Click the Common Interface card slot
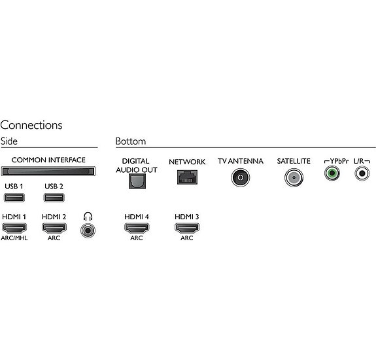click(48, 171)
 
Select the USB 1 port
click(14, 198)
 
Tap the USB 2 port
click(54, 198)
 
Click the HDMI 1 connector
click(14, 228)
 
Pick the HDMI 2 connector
click(54, 228)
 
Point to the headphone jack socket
click(88, 230)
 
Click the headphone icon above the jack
click(88, 216)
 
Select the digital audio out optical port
click(137, 181)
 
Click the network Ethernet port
click(187, 177)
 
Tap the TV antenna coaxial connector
click(240, 177)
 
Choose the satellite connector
click(294, 177)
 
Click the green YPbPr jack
click(332, 173)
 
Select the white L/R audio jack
click(362, 173)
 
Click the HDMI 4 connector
click(137, 228)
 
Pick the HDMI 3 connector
click(187, 228)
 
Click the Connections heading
click(31, 125)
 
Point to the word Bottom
click(130, 141)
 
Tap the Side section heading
click(9, 141)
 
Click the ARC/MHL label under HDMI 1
click(14, 238)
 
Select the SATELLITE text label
click(294, 161)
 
